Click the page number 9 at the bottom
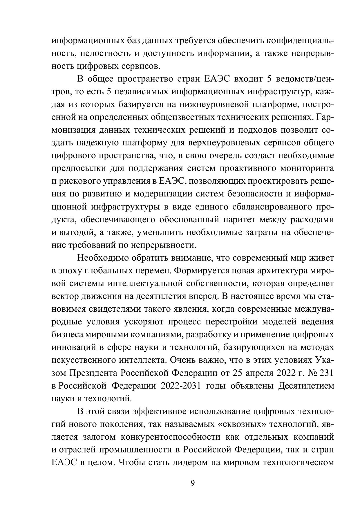pos(193,483)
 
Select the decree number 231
pos(326,373)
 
